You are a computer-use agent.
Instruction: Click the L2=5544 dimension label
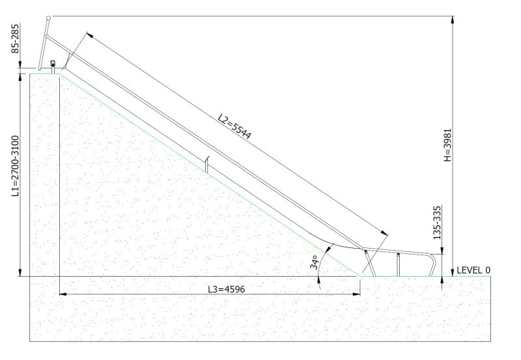coord(234,126)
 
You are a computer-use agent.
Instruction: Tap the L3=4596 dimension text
coord(226,289)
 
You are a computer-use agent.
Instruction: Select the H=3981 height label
coord(448,145)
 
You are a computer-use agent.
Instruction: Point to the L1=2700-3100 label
coord(15,166)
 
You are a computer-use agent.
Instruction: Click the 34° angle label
coord(315,262)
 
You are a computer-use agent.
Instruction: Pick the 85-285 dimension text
coord(15,38)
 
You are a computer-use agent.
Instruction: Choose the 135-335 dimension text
coord(437,223)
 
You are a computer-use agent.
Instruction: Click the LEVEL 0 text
coord(473,270)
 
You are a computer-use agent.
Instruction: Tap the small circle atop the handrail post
coord(48,18)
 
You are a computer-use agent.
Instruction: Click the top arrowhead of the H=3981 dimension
coord(453,20)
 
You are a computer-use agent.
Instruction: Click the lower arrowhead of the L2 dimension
coord(384,233)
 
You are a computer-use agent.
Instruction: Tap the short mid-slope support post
coord(207,165)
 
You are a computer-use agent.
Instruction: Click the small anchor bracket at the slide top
coord(53,66)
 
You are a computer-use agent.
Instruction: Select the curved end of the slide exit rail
coord(432,265)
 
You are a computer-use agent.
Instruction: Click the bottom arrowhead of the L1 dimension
coord(21,272)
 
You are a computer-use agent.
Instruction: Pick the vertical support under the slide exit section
coord(398,265)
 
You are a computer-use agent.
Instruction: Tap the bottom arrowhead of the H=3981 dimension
coord(453,273)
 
